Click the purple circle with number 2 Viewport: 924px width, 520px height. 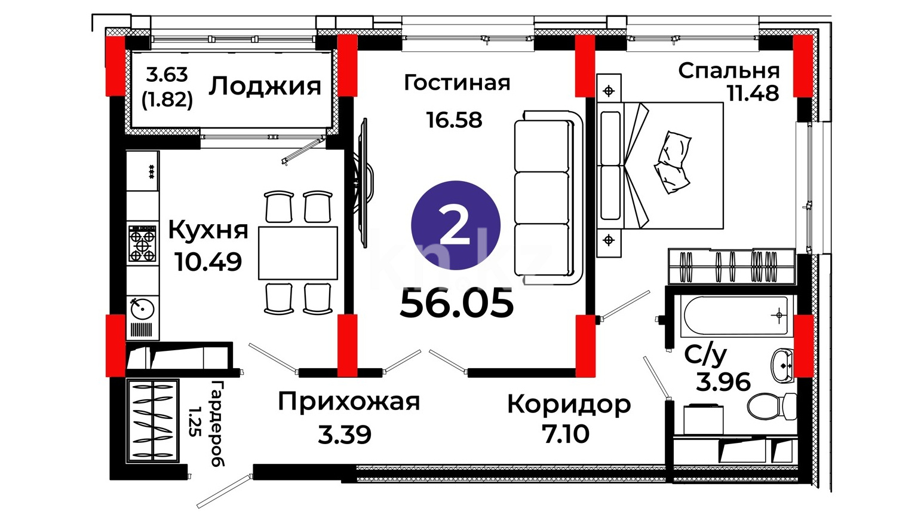(x=455, y=225)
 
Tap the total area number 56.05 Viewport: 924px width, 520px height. (x=457, y=304)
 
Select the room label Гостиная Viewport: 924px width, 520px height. (x=457, y=82)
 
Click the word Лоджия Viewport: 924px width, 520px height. (x=265, y=86)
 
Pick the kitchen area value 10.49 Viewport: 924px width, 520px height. (x=208, y=262)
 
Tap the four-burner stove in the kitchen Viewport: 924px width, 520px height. (x=142, y=243)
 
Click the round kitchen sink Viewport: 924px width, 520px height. (x=143, y=309)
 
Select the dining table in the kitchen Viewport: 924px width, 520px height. (x=298, y=253)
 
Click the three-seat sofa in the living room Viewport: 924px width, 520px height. (x=548, y=197)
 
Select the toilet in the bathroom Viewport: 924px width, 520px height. (x=771, y=406)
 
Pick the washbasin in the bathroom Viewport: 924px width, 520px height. (x=782, y=365)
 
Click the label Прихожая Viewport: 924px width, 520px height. (x=349, y=402)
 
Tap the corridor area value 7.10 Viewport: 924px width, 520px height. (x=566, y=434)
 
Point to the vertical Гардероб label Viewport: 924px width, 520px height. (x=217, y=423)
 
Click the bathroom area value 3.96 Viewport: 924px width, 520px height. (x=723, y=382)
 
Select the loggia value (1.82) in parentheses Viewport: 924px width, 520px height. (x=167, y=100)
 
